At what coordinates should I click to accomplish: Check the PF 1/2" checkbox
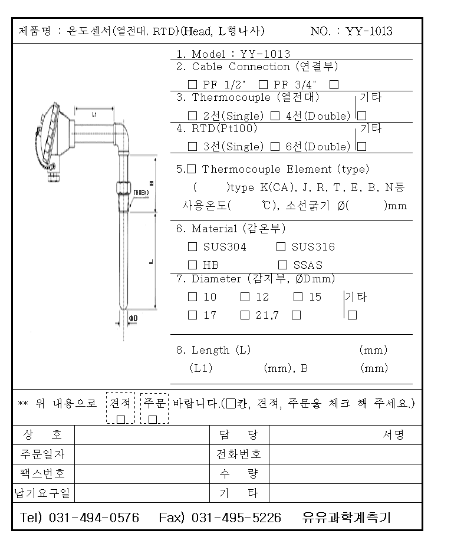192,85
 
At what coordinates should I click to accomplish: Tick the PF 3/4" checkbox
263,85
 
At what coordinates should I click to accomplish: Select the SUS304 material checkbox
192,247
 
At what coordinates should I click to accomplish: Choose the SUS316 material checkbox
281,247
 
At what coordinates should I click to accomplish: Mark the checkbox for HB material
192,265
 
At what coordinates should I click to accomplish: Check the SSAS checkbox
282,265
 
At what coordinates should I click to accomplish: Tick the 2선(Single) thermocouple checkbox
192,116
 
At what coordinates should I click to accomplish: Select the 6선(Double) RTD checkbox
275,146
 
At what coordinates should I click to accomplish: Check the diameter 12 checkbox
245,297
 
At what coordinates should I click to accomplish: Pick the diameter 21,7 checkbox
245,315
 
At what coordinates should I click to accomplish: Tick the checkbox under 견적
121,419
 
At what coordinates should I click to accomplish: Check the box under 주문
153,419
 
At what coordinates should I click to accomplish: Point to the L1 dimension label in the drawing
94,116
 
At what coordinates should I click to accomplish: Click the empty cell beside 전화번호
345,454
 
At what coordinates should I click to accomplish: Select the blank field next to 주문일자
142,454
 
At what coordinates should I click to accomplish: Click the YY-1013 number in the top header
369,31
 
